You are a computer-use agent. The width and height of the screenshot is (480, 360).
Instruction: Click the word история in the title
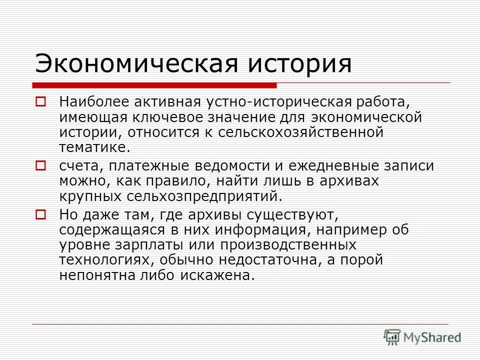coord(296,63)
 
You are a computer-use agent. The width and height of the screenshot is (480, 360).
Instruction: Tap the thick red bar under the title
coord(155,85)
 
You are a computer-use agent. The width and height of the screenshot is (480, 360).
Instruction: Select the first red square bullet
coord(40,102)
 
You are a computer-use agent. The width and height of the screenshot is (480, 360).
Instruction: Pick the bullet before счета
coord(40,164)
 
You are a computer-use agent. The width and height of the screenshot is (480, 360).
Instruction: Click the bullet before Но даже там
coord(40,214)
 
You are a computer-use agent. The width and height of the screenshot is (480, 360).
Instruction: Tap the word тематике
coord(94,148)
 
